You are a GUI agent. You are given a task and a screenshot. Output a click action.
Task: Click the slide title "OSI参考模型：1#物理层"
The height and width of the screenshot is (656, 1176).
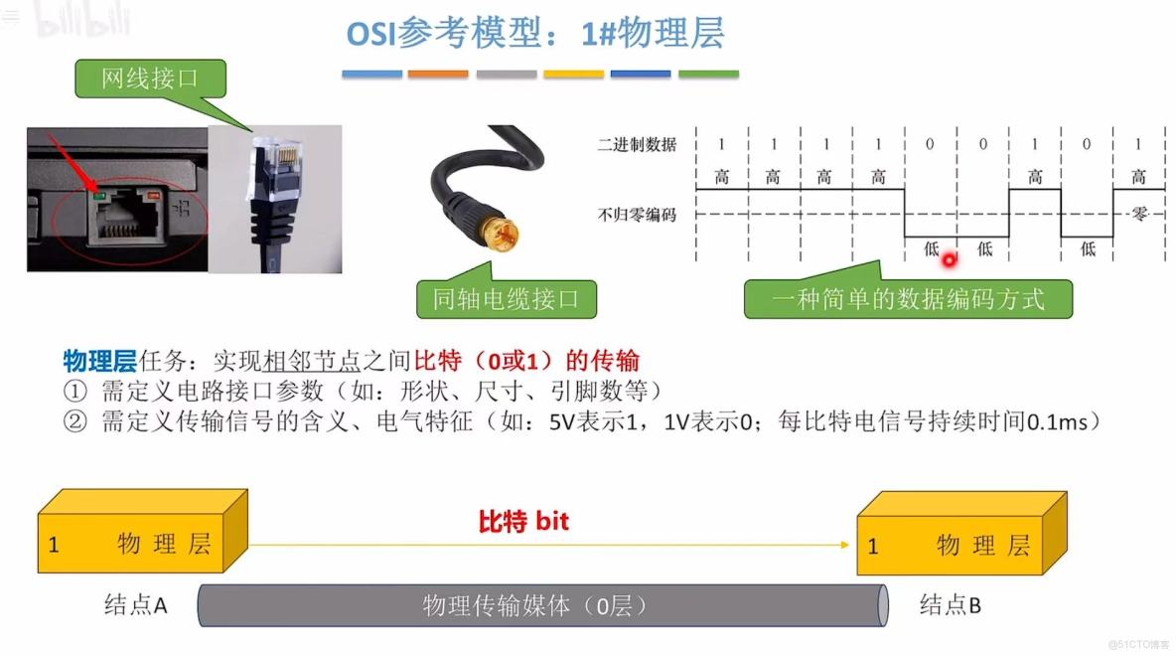coord(534,34)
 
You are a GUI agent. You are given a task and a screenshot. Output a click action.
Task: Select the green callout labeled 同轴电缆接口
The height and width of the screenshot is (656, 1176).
coord(506,297)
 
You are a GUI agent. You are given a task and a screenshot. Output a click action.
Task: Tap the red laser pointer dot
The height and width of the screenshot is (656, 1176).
coord(949,261)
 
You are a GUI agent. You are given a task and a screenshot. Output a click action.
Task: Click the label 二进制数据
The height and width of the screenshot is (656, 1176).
coord(637,145)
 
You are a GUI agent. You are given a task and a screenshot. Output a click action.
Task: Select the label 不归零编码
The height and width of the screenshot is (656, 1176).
coord(637,214)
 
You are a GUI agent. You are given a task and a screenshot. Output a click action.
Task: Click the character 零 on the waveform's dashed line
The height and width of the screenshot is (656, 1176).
coord(1138,214)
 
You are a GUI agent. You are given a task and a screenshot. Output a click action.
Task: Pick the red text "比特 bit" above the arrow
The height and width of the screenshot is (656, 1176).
coord(523,521)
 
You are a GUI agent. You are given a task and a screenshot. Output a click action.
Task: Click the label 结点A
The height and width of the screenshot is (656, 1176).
coord(135,604)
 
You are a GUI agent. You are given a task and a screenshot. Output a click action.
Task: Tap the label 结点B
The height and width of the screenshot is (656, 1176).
coord(950,604)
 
